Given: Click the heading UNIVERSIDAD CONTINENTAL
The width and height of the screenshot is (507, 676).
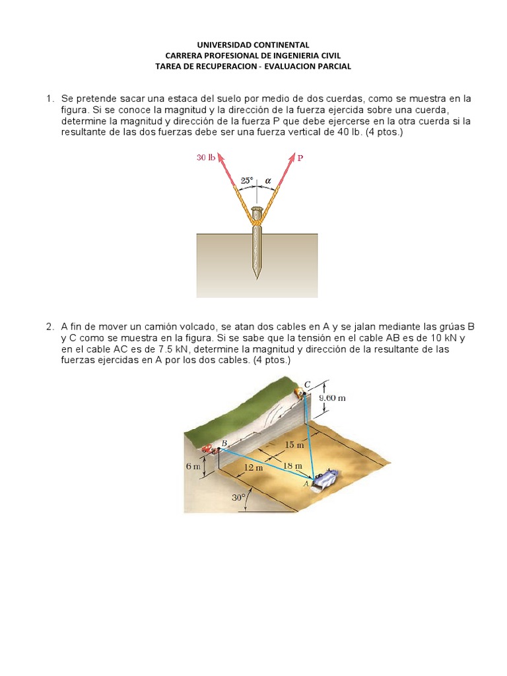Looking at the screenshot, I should [x=253, y=45].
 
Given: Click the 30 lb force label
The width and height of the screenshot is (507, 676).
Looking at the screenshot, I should [x=205, y=158].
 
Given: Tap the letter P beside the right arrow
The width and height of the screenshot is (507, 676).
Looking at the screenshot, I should [x=300, y=158].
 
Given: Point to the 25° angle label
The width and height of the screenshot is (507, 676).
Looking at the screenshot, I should [x=246, y=180].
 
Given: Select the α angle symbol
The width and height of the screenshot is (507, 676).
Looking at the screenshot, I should [x=268, y=180].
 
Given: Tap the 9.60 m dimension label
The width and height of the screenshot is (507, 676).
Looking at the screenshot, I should [x=333, y=398].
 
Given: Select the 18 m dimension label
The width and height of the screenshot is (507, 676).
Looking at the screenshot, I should [x=292, y=466].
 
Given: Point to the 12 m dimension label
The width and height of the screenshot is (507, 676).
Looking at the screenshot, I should [x=253, y=467].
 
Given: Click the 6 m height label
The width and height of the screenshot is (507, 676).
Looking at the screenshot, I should [x=192, y=465].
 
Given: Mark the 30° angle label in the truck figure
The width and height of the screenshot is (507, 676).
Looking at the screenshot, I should [x=238, y=498].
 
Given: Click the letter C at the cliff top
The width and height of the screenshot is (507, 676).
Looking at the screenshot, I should [x=307, y=384].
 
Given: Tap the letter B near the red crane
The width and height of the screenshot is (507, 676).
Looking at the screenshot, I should [x=224, y=443].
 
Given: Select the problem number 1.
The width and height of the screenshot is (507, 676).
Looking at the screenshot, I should [x=50, y=98].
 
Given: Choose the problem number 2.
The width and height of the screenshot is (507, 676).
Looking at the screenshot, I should [x=50, y=327].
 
